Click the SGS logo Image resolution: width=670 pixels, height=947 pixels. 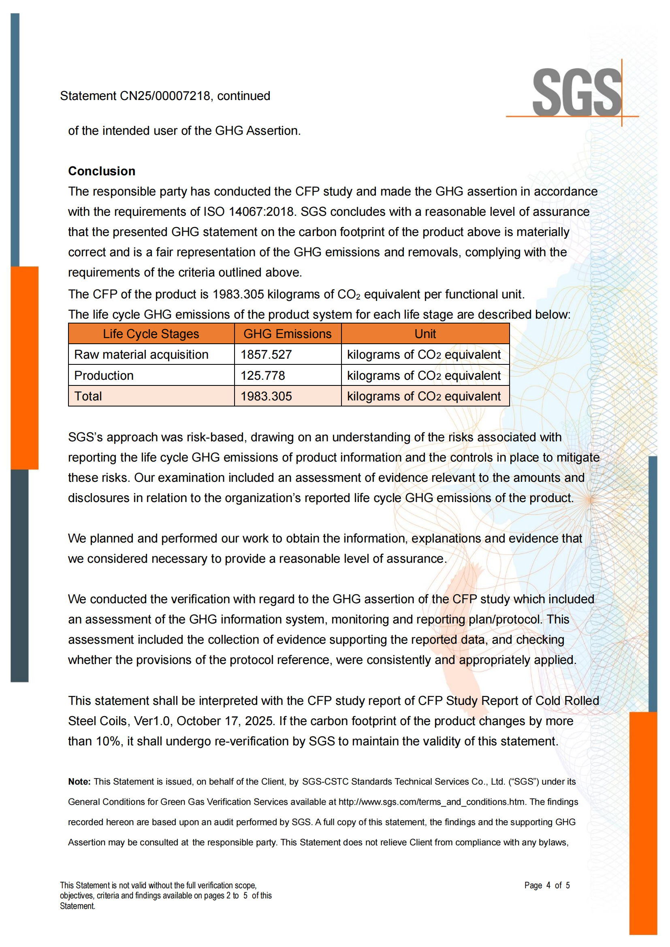point(577,93)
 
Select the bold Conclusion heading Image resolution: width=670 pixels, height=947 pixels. point(102,171)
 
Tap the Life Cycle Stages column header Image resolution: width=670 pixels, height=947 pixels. point(151,334)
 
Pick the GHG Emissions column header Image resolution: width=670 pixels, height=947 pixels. point(287,334)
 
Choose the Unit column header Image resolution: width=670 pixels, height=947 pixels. point(425,334)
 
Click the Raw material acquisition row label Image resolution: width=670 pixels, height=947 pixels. point(141,355)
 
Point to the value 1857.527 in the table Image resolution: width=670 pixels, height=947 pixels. point(266,355)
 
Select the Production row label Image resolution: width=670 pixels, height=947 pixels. point(104,376)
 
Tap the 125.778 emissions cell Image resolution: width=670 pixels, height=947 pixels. point(263,376)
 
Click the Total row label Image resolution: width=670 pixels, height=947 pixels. point(88,396)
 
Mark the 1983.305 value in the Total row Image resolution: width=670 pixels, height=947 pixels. point(266,396)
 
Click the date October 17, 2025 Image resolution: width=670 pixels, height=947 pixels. point(224,721)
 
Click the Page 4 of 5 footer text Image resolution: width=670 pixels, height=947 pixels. point(546,885)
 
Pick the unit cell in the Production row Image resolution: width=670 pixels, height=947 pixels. point(424,376)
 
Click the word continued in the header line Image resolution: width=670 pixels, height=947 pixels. point(243,96)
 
